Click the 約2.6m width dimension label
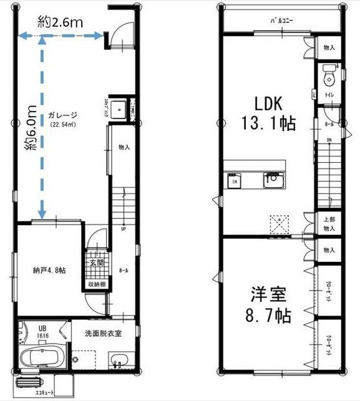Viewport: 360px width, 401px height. [x=61, y=22]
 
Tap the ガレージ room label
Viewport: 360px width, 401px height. [x=62, y=115]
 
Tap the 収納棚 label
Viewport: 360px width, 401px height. [x=96, y=284]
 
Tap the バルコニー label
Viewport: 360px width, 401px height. [x=282, y=21]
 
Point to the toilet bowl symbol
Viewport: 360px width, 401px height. [x=329, y=79]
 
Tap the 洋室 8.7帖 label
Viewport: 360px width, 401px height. [x=266, y=304]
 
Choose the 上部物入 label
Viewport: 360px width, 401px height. [x=329, y=223]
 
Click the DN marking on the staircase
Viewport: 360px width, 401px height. [x=328, y=140]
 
